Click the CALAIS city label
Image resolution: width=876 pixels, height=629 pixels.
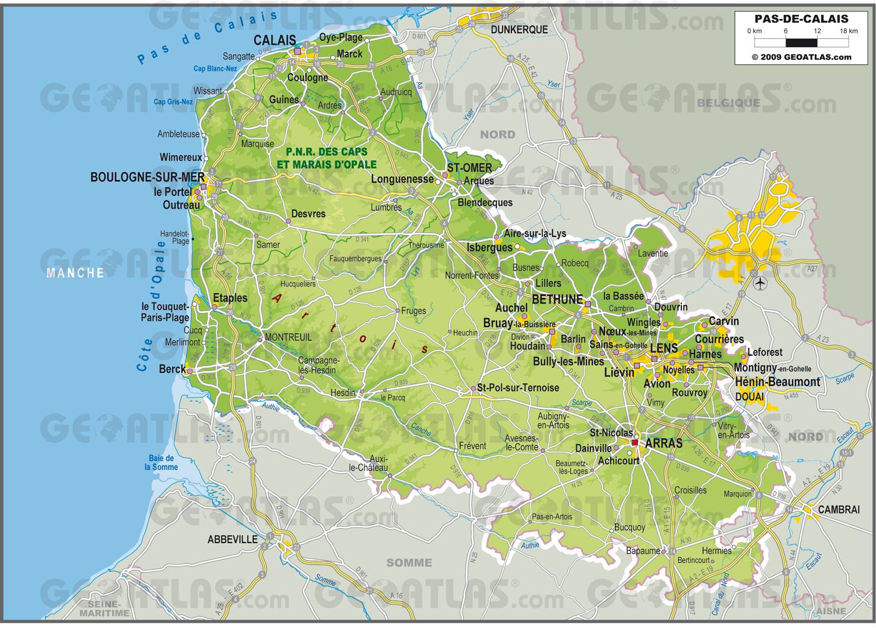click(x=275, y=40)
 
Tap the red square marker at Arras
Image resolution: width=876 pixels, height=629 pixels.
click(x=635, y=442)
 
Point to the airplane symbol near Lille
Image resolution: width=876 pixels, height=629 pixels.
click(x=760, y=282)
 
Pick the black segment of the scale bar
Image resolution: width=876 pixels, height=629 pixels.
click(x=801, y=42)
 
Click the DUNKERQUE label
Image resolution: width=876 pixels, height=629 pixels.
click(x=519, y=29)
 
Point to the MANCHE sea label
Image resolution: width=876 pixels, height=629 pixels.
click(x=76, y=273)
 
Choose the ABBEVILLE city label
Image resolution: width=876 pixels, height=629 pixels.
click(x=232, y=539)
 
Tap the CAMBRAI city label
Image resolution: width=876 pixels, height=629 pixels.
click(x=839, y=509)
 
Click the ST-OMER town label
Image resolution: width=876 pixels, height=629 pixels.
click(x=469, y=168)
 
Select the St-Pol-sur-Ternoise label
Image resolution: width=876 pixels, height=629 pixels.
click(x=518, y=388)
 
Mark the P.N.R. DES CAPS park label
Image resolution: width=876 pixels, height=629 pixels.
click(x=327, y=153)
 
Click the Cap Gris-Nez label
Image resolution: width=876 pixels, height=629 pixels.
click(x=173, y=102)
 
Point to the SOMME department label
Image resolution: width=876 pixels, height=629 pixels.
click(x=409, y=563)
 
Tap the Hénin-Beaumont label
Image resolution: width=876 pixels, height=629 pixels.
click(x=777, y=382)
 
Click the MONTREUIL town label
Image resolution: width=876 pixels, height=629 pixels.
click(x=288, y=337)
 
